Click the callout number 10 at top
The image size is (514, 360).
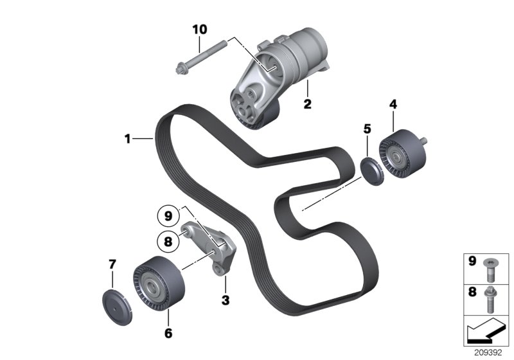pos(200,30)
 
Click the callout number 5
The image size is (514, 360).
pos(368,129)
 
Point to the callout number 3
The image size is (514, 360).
pos(226,300)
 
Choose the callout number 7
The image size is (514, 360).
pos(112,264)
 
